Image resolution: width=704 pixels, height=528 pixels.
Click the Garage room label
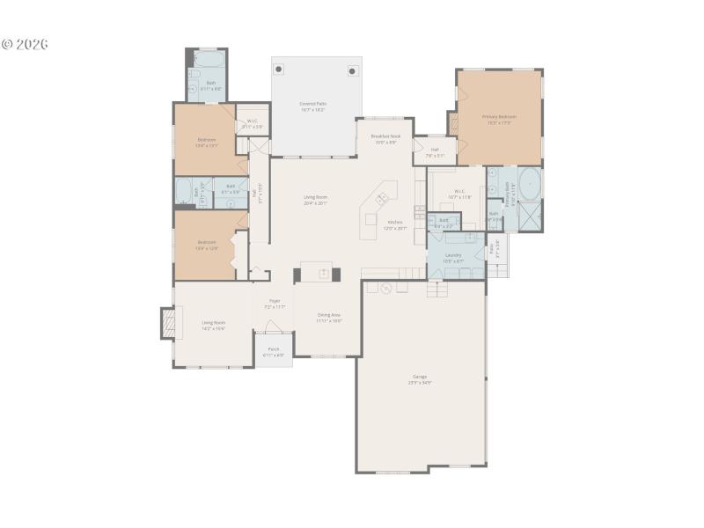pyautogui.click(x=420, y=378)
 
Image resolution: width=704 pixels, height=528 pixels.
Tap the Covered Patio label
pyautogui.click(x=312, y=106)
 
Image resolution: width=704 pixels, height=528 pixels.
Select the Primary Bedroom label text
pyautogui.click(x=498, y=119)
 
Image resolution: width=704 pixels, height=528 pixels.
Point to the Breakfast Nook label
pyautogui.click(x=385, y=138)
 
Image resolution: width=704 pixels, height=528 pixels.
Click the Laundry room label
pyautogui.click(x=453, y=257)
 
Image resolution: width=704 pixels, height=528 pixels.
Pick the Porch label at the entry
pyautogui.click(x=273, y=352)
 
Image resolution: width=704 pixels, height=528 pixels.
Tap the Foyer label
pyautogui.click(x=274, y=304)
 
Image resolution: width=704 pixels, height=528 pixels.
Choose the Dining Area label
pyautogui.click(x=329, y=317)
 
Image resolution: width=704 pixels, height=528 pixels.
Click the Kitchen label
pyautogui.click(x=395, y=224)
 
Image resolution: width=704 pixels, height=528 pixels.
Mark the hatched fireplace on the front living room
pyautogui.click(x=166, y=323)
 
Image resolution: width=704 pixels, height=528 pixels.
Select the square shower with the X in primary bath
pyautogui.click(x=530, y=216)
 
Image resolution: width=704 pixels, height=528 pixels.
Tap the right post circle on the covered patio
pyautogui.click(x=352, y=70)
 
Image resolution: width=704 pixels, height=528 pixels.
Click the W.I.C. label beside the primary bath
pyautogui.click(x=460, y=194)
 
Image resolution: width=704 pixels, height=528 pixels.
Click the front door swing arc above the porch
pyautogui.click(x=274, y=327)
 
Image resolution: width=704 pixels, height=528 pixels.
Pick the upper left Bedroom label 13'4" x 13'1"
pyautogui.click(x=207, y=142)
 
